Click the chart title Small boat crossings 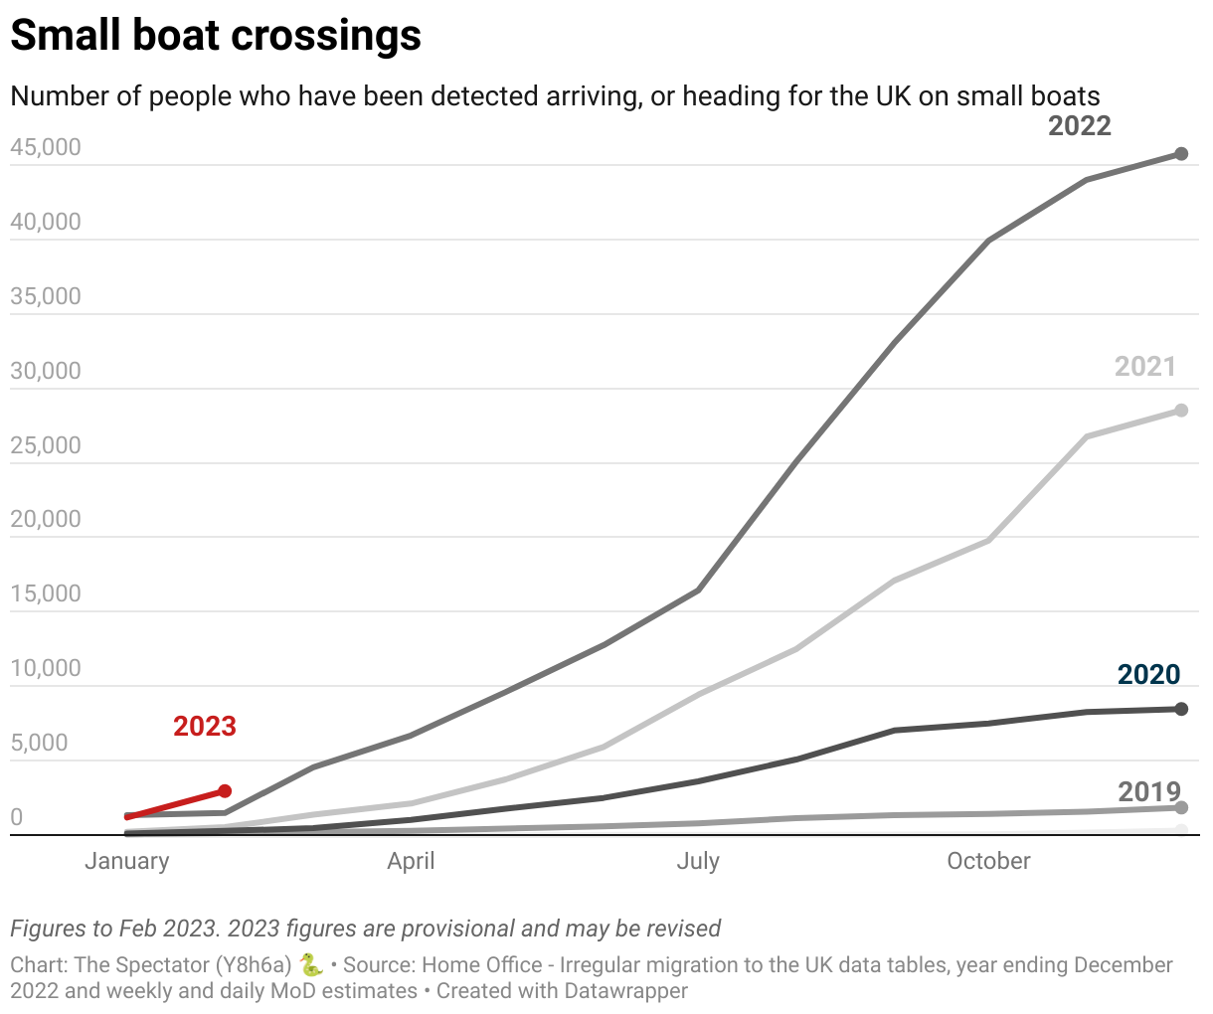click(x=216, y=36)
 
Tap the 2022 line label click(x=1079, y=126)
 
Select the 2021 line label click(x=1144, y=367)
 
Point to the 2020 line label click(x=1148, y=675)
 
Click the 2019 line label click(x=1148, y=792)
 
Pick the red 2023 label click(x=205, y=727)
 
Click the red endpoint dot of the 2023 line click(x=225, y=791)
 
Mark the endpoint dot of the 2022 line click(x=1181, y=154)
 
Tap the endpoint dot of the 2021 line click(x=1181, y=411)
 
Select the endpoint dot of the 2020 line click(x=1181, y=709)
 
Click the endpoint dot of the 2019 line click(x=1181, y=808)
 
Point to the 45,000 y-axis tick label click(x=46, y=148)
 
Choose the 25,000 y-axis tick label click(x=46, y=445)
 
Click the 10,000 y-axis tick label click(x=46, y=668)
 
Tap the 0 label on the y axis click(x=17, y=817)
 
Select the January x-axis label click(x=126, y=861)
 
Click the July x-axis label click(x=698, y=861)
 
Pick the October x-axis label click(x=988, y=861)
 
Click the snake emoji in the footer click(x=311, y=964)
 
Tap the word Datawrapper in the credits click(x=625, y=991)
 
